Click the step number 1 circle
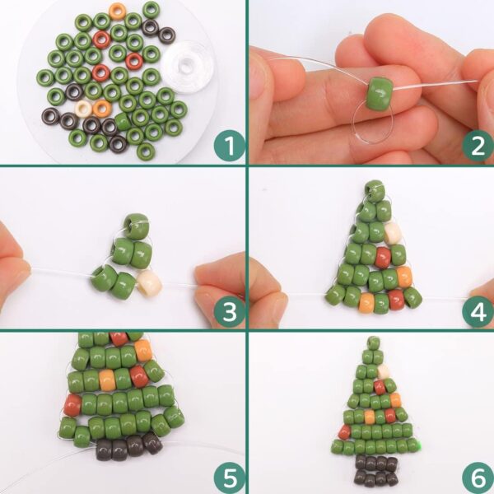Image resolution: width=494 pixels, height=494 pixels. pyautogui.click(x=230, y=145)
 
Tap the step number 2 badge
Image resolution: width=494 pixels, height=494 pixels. pyautogui.click(x=478, y=145)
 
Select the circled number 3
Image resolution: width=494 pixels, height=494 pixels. pyautogui.click(x=230, y=311)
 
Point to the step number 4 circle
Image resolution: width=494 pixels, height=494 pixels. pyautogui.click(x=478, y=311)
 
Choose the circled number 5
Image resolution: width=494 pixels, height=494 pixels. pyautogui.click(x=230, y=478)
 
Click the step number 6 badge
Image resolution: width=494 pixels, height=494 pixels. pyautogui.click(x=478, y=478)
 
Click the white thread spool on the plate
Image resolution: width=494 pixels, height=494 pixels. pyautogui.click(x=188, y=66)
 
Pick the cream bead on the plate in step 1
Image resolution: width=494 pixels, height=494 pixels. pyautogui.click(x=83, y=109)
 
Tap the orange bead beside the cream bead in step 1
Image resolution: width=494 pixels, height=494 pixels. pyautogui.click(x=102, y=108)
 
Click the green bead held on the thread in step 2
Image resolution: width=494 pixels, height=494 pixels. pyautogui.click(x=380, y=94)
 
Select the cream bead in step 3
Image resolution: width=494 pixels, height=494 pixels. pyautogui.click(x=150, y=283)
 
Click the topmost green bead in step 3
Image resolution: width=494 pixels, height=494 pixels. pyautogui.click(x=137, y=226)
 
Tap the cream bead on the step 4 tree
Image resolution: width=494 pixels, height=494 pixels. pyautogui.click(x=392, y=232)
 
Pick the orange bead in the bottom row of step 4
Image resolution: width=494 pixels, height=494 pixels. pyautogui.click(x=366, y=303)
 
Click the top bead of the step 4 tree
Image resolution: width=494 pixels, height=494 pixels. pyautogui.click(x=375, y=191)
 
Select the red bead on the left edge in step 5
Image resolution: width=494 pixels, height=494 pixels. pyautogui.click(x=72, y=405)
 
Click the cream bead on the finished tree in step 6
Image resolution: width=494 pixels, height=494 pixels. pyautogui.click(x=384, y=372)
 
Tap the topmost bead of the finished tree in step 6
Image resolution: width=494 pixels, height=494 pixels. pyautogui.click(x=374, y=343)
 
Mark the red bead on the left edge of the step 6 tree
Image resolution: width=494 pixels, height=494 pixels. pyautogui.click(x=344, y=432)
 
